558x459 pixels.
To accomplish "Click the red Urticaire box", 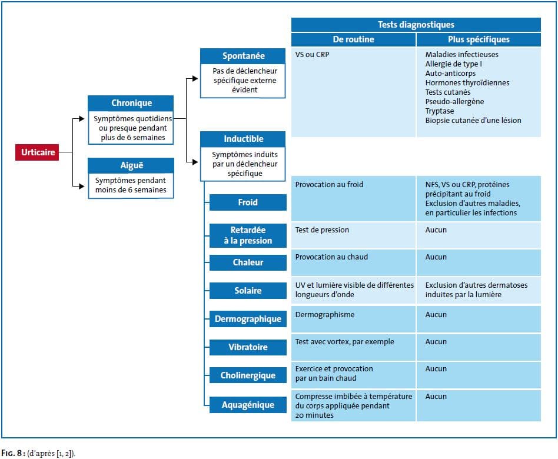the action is (37, 152).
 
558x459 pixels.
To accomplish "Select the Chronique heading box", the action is (131, 103).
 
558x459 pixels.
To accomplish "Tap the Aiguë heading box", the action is (131, 165).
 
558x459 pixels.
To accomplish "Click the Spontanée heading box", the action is (243, 56).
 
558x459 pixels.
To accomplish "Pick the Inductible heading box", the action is (243, 139).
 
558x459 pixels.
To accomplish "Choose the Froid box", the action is (248, 202).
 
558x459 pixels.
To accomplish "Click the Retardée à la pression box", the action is (248, 235).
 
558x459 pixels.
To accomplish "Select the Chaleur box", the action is (248, 262).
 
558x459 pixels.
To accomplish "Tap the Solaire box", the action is (248, 291).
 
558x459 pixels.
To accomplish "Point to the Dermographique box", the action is (248, 319).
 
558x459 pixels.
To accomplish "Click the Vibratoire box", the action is (248, 347).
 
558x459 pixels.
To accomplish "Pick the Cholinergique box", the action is (248, 375).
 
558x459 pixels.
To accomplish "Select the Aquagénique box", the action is (248, 405).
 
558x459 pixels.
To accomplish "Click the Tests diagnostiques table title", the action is (416, 25).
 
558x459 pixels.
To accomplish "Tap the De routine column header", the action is (353, 39).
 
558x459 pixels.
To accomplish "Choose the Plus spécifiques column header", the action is (479, 39).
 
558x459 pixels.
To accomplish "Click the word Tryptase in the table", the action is (440, 111).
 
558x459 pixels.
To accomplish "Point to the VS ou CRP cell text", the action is (312, 55).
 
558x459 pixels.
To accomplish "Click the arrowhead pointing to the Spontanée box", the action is (195, 79).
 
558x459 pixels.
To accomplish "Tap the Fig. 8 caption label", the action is (13, 453).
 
